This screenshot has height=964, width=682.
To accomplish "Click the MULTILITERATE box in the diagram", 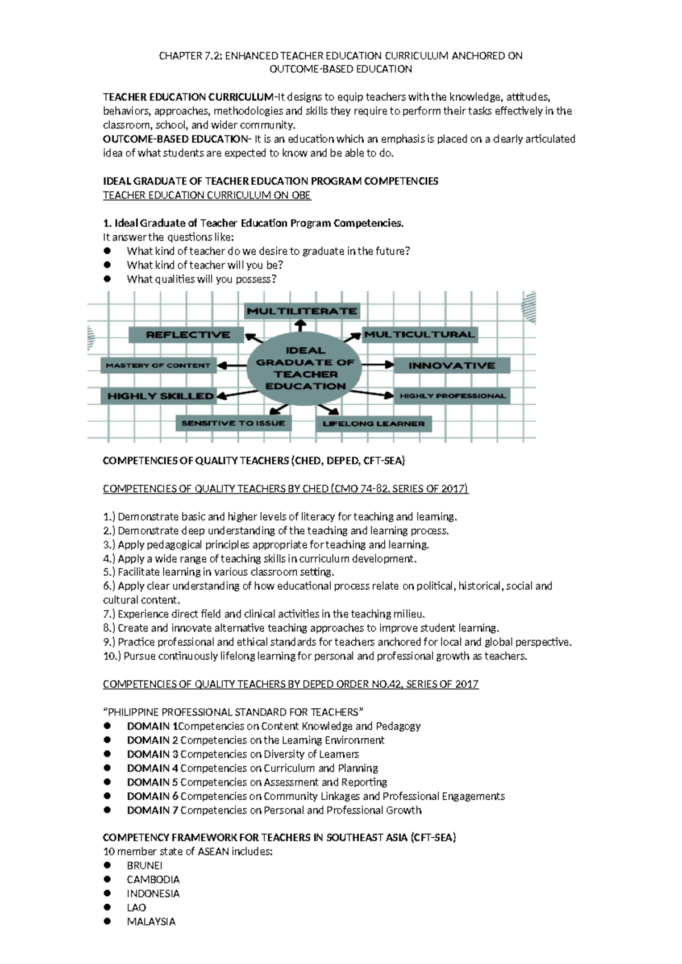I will (302, 311).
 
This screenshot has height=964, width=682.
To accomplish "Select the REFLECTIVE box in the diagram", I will (187, 335).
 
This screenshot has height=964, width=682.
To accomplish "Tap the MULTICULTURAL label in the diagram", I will (419, 334).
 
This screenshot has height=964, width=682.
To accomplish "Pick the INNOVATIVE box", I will (452, 365).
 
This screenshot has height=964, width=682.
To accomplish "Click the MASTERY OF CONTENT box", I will (158, 365).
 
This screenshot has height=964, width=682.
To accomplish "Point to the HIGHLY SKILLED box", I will (160, 396).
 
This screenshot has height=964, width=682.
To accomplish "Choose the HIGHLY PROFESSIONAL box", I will (452, 396).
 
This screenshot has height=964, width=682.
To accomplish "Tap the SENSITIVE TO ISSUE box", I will (233, 423).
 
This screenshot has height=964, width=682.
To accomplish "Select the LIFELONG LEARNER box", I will (373, 423).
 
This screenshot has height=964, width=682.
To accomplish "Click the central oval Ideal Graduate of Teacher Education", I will (305, 368).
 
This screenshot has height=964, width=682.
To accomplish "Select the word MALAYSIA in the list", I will (151, 921).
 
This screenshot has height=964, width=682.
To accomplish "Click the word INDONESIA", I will (153, 894).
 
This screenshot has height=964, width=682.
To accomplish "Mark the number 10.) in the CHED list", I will (112, 656).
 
